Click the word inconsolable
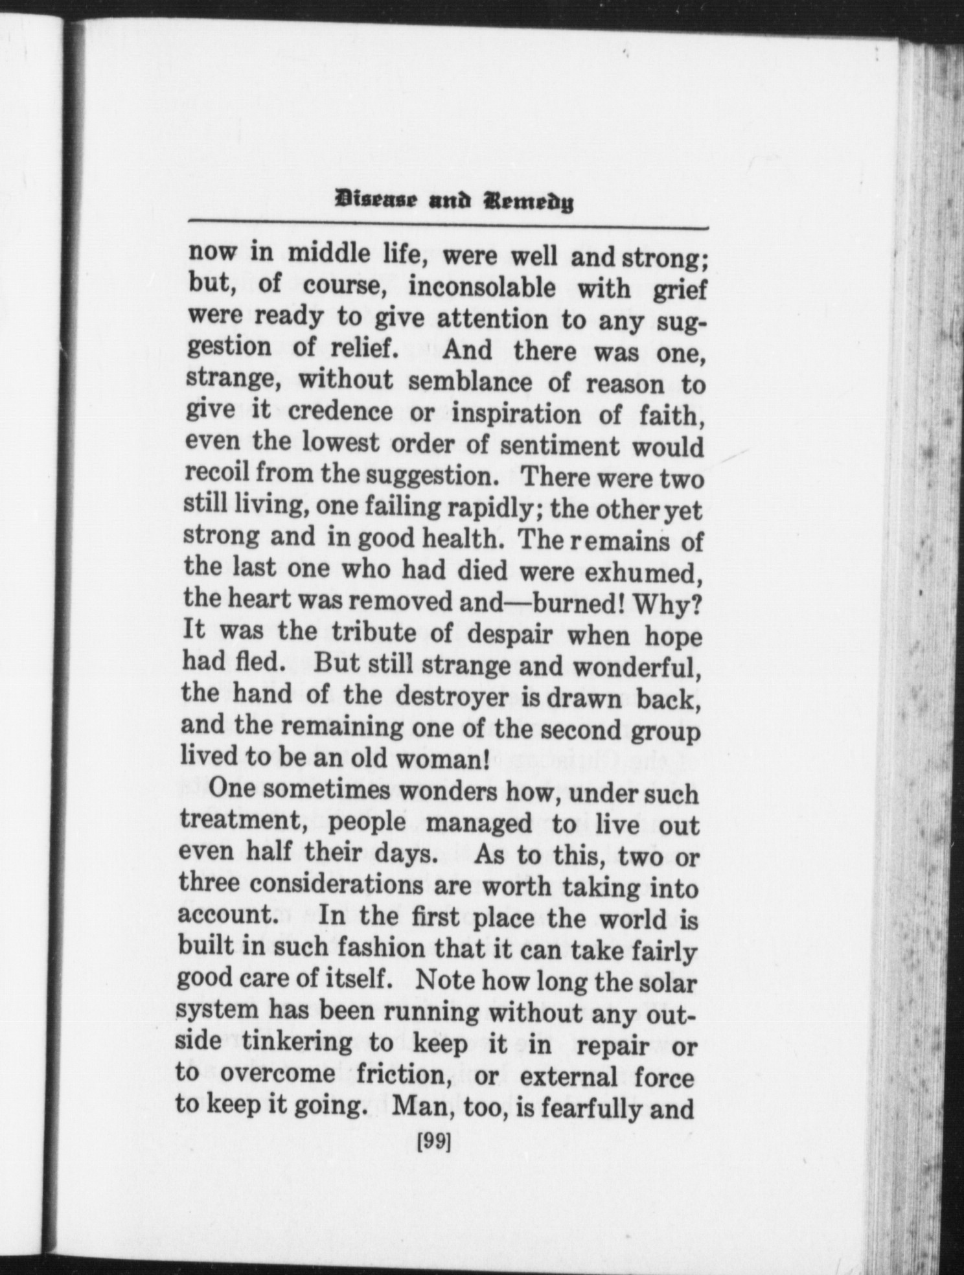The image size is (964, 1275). click(x=481, y=288)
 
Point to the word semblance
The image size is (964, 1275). click(x=473, y=382)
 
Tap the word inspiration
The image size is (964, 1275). click(x=516, y=415)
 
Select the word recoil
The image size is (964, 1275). click(x=217, y=474)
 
